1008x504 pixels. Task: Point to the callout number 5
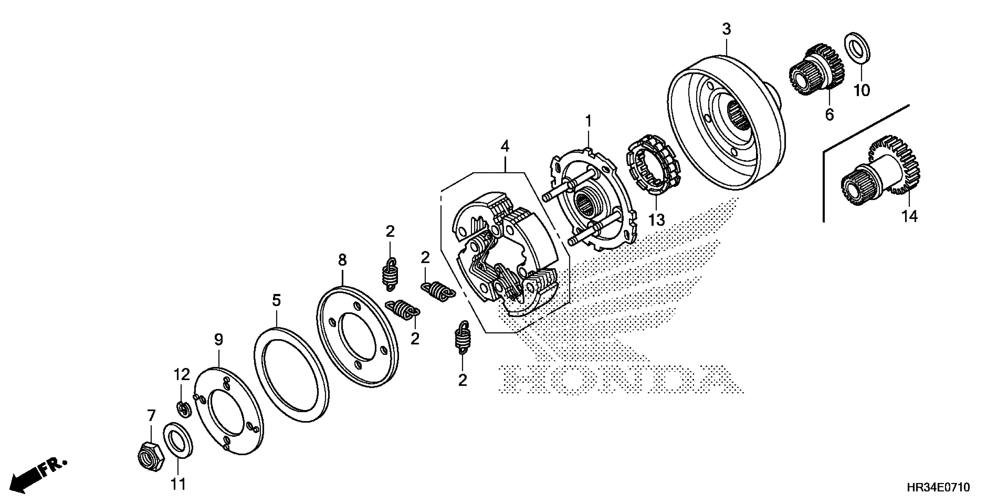[x=276, y=301]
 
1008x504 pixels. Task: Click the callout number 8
[x=342, y=260]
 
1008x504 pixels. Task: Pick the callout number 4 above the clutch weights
[x=505, y=147]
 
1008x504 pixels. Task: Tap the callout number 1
[x=588, y=122]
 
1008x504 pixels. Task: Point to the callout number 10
[x=862, y=90]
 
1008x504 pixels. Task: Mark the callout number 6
[x=830, y=115]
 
